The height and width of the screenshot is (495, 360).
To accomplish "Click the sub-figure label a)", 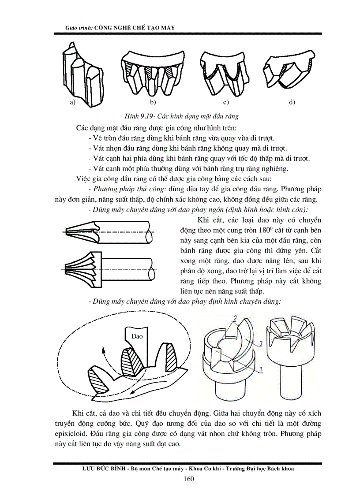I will [x=71, y=102].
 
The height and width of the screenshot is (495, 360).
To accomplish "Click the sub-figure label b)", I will [x=153, y=102].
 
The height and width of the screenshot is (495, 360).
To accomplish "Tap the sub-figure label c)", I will [x=225, y=102].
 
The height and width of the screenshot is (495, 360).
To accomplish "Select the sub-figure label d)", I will [x=292, y=102].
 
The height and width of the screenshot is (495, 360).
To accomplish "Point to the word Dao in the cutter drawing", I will [x=137, y=336].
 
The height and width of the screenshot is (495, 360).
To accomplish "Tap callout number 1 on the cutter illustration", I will [x=262, y=370].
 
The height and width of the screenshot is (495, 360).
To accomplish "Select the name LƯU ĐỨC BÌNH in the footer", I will [x=98, y=469].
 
